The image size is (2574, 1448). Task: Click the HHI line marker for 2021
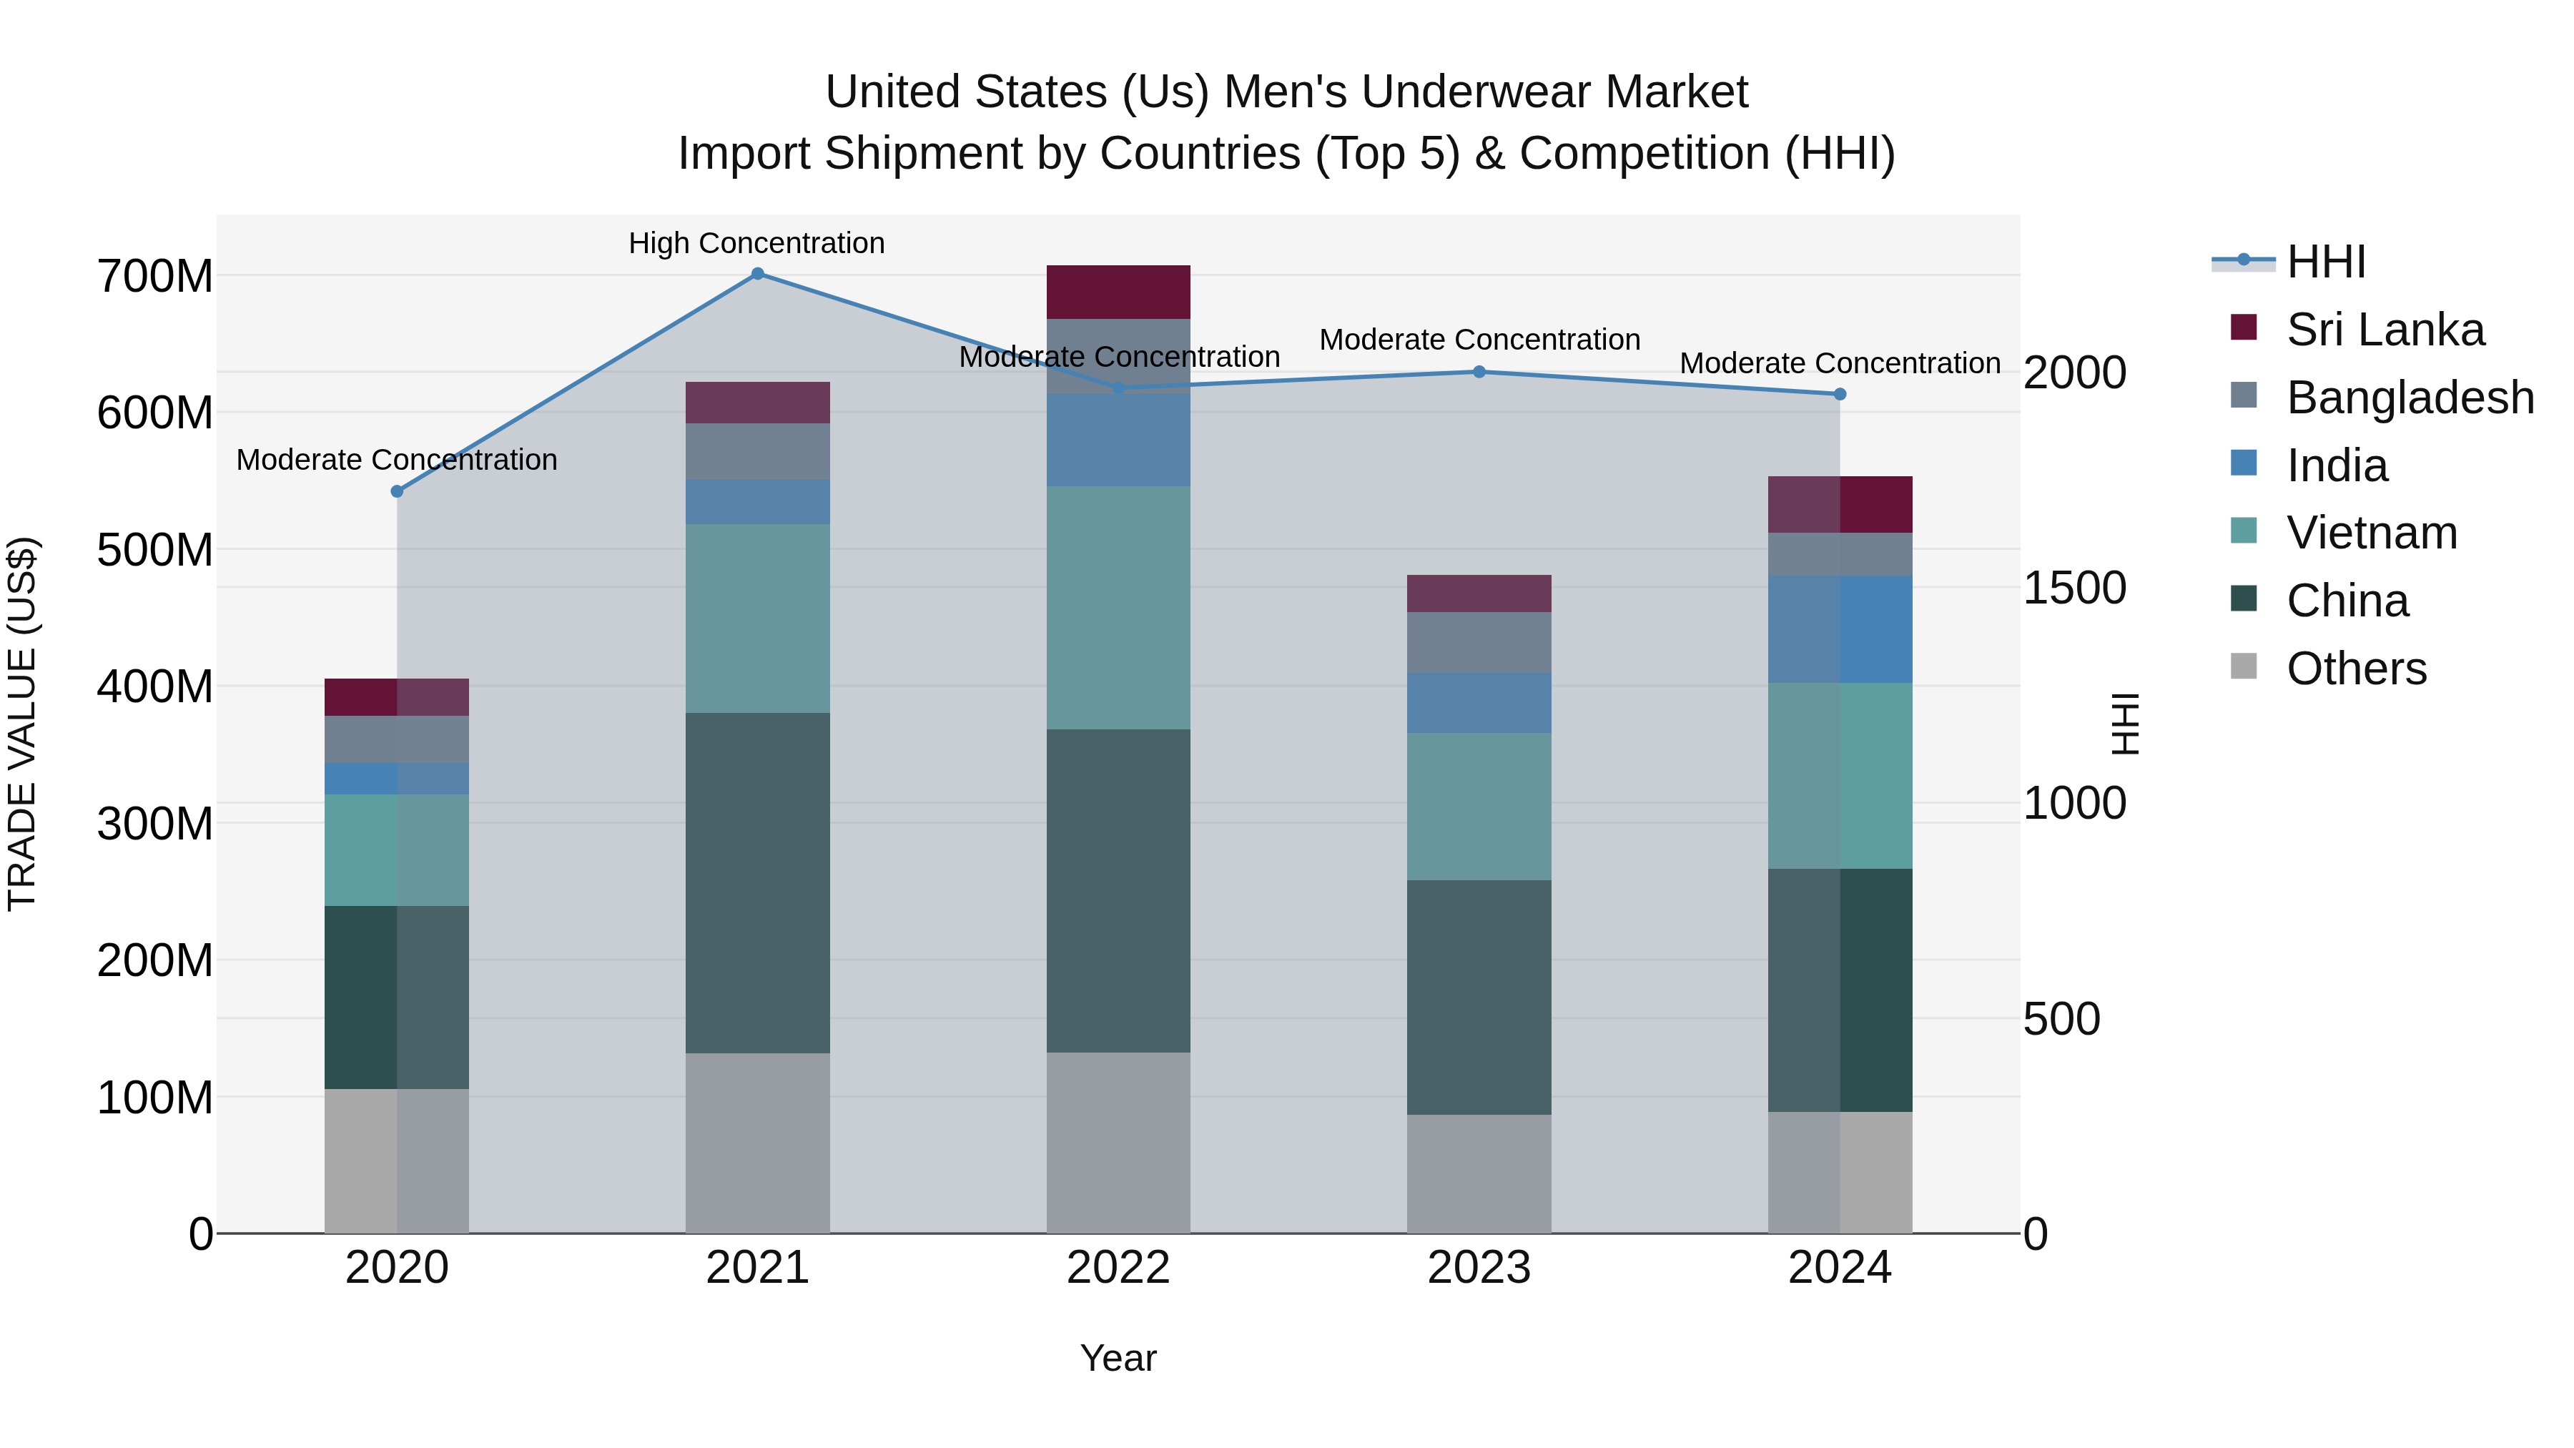point(757,274)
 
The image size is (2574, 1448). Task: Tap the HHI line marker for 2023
point(1480,372)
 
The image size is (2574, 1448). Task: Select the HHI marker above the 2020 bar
point(397,492)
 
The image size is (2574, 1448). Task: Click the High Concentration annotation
point(756,244)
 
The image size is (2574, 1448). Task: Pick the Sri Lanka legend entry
point(2384,330)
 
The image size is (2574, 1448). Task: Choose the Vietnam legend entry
point(2371,533)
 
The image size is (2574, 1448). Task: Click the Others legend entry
point(2356,669)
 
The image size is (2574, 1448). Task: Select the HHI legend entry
point(2325,262)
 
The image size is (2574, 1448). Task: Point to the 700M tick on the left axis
point(155,277)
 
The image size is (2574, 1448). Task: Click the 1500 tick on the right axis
point(2074,588)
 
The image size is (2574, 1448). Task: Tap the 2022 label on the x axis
point(1118,1268)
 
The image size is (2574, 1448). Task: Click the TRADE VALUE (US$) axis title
point(22,724)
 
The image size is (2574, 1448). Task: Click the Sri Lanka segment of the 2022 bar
point(1118,292)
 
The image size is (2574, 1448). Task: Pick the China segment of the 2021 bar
point(757,882)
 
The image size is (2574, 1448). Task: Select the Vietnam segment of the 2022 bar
point(1118,608)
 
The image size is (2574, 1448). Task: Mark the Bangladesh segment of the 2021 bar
point(757,452)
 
